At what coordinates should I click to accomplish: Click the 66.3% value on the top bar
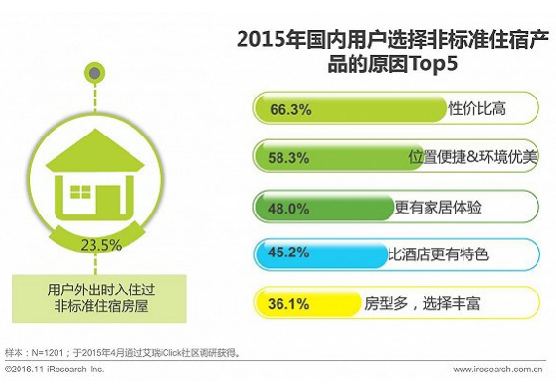[x=290, y=109]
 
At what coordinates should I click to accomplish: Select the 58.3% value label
[x=288, y=158]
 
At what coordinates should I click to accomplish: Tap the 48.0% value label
[x=288, y=209]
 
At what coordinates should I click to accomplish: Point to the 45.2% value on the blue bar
[x=288, y=253]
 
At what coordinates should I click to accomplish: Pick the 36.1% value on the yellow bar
[x=288, y=304]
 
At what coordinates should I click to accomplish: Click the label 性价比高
[x=477, y=108]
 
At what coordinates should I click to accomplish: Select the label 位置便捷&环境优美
[x=472, y=157]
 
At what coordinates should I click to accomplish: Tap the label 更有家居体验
[x=438, y=207]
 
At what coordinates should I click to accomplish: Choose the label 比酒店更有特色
[x=438, y=254]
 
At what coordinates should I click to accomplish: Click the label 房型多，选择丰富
[x=423, y=303]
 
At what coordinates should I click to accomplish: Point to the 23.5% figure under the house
[x=101, y=245]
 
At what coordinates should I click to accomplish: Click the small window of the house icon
[x=80, y=192]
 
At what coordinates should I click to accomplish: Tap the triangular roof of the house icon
[x=95, y=150]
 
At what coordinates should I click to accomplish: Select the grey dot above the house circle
[x=94, y=73]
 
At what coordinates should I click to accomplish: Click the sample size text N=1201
[x=48, y=353]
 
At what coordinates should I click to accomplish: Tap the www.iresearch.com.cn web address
[x=498, y=370]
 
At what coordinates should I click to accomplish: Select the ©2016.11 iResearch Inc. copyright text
[x=55, y=370]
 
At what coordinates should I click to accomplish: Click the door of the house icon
[x=110, y=200]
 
